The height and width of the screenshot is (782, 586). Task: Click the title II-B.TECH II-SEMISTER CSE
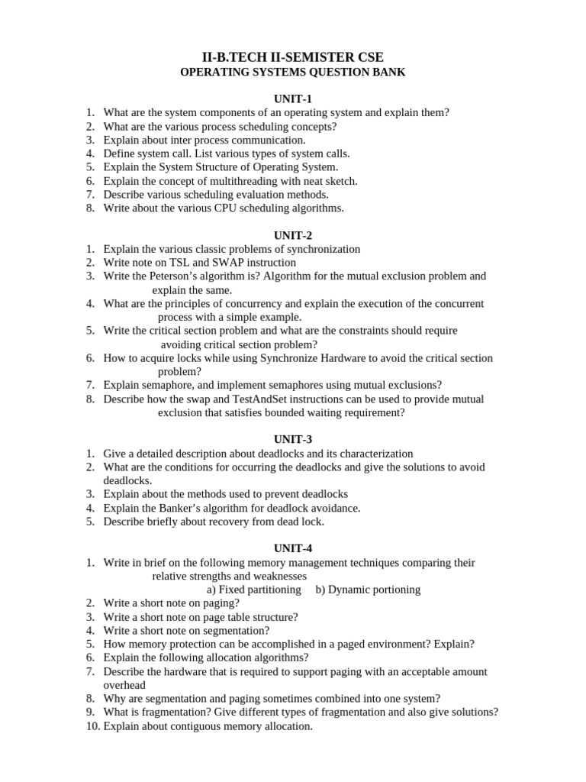pos(293,57)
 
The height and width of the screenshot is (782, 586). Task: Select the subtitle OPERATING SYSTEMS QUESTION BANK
pos(293,73)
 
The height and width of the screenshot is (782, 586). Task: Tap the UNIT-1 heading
pos(293,99)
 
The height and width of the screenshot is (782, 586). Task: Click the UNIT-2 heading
pos(293,235)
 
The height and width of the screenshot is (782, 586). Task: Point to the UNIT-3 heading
pos(293,439)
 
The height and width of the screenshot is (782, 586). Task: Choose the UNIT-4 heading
pos(293,548)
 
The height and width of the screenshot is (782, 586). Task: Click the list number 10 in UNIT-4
pos(91,726)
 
